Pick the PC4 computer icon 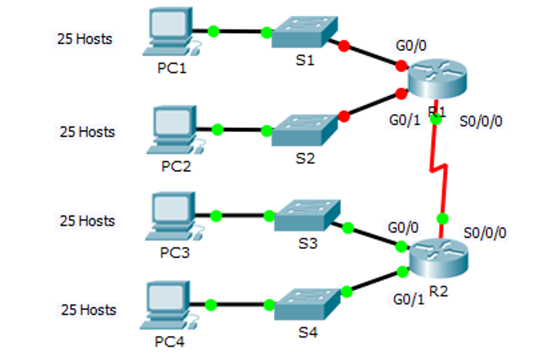pos(166,306)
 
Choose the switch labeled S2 pos(306,129)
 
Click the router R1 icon pos(437,81)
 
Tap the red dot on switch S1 pos(343,46)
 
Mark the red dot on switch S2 pos(344,116)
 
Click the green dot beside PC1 pos(213,31)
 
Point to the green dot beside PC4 pos(211,305)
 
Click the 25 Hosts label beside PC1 pos(85,39)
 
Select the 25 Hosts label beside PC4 pos(88,310)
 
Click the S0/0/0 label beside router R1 pos(482,121)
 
